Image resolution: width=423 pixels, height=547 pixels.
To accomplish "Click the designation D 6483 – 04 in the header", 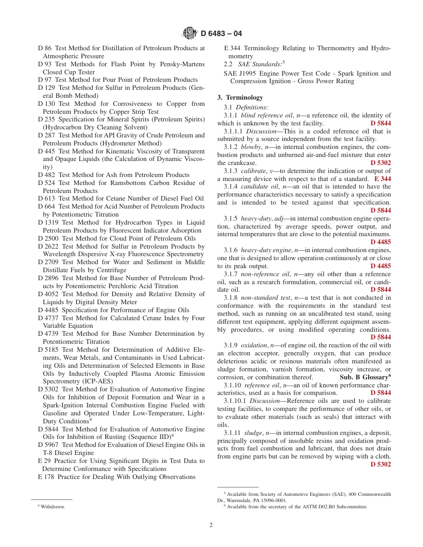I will click(221, 33).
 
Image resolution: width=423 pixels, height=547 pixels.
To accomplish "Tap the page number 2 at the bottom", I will click(211, 525).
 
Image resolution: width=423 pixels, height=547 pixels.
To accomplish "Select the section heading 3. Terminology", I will click(240, 97).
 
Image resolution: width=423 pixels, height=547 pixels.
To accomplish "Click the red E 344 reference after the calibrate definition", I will click(382, 179).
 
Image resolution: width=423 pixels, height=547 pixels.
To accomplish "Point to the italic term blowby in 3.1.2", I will click(251, 147).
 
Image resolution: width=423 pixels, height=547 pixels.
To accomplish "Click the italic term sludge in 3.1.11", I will click(253, 432).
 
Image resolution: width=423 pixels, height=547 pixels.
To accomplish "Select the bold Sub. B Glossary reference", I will click(364, 377).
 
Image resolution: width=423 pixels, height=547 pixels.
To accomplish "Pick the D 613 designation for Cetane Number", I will click(47, 198).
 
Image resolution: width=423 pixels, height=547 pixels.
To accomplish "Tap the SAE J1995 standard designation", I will click(241, 73).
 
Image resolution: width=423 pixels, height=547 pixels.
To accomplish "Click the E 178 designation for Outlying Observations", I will click(46, 477).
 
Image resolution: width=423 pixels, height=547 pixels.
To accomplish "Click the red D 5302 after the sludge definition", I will click(381, 464).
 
